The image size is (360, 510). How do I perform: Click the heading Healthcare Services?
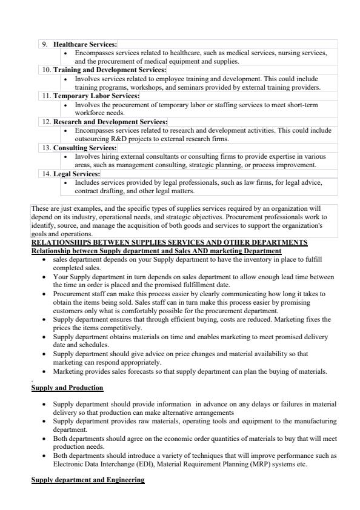point(85,44)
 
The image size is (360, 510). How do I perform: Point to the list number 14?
point(45,174)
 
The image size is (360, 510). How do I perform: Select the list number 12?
point(45,122)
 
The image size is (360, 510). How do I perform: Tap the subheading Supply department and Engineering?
point(88,480)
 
